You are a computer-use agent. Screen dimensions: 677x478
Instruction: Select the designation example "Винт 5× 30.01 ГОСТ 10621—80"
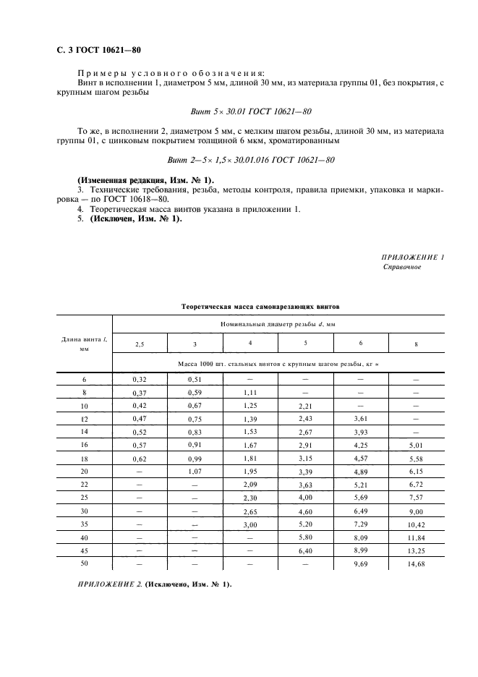[x=250, y=111]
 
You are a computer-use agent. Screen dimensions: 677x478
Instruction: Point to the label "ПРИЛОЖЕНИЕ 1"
[x=412, y=257]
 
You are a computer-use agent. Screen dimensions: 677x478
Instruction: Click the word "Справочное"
[x=401, y=267]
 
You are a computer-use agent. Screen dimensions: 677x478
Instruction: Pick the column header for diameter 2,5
[x=140, y=344]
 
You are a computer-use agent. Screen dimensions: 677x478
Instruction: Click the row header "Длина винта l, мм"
[x=85, y=343]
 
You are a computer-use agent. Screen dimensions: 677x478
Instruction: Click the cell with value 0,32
[x=140, y=378]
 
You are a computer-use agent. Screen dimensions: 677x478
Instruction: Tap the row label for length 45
[x=84, y=551]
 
